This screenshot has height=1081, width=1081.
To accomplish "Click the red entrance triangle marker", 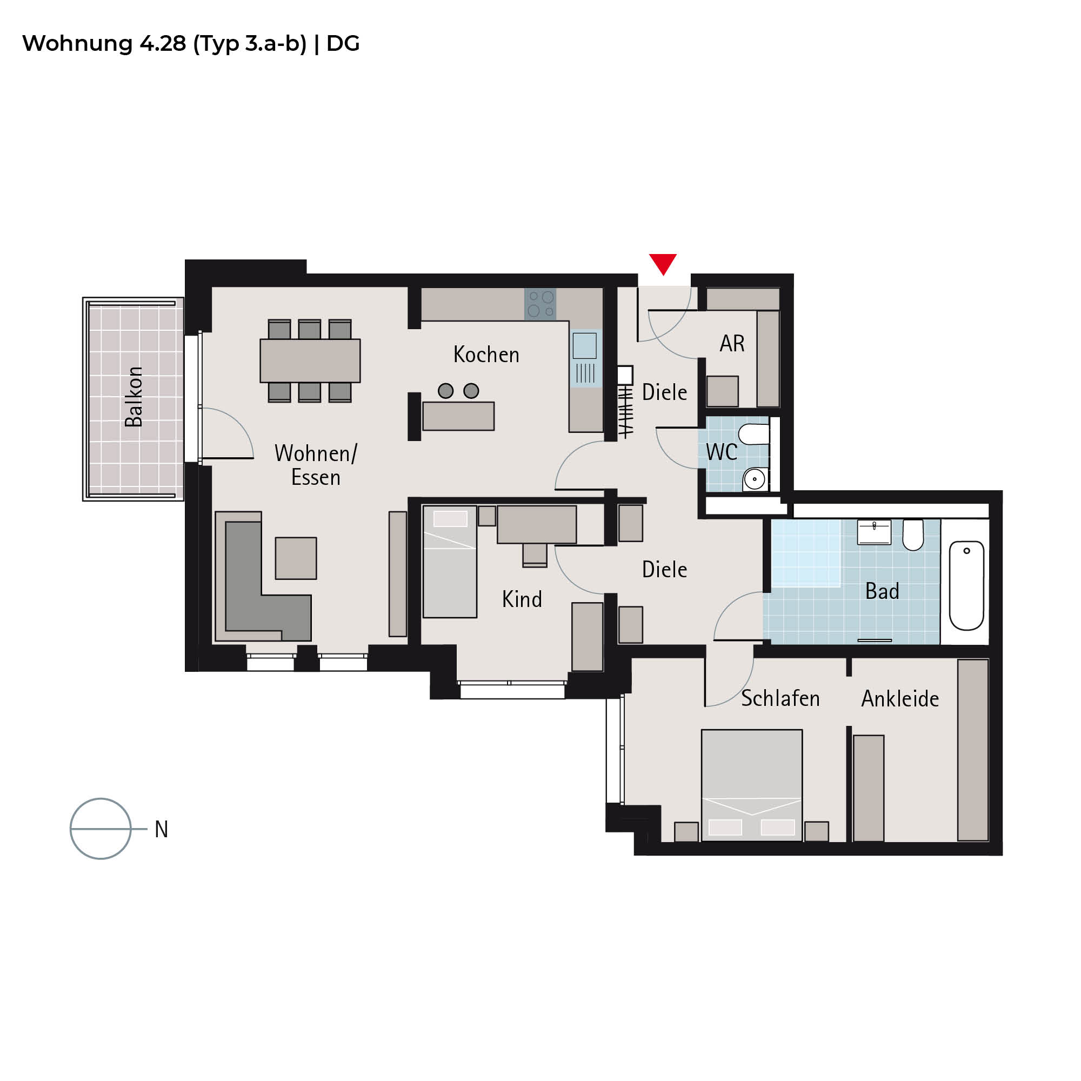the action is [x=663, y=264].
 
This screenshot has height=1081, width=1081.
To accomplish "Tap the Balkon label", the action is [x=134, y=397].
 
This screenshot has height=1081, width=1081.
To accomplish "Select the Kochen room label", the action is [x=486, y=355].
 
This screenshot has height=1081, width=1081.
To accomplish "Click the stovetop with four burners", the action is [x=540, y=304].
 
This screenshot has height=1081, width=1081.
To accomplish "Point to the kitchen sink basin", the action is [x=584, y=345].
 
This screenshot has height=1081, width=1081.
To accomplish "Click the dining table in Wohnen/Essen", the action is [x=310, y=361].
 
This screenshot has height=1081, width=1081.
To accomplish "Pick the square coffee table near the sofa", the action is [x=296, y=558].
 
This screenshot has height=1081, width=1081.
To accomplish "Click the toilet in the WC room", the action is [x=753, y=434].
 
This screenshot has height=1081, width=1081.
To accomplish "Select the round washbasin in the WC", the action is [x=755, y=479].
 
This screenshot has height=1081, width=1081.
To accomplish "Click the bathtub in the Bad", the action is [x=966, y=585].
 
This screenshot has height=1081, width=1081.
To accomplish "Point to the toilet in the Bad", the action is [x=913, y=535].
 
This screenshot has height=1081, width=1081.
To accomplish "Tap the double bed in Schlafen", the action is [x=752, y=785].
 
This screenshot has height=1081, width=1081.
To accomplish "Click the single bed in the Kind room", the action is [x=450, y=562].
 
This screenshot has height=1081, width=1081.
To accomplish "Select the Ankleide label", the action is [x=900, y=699].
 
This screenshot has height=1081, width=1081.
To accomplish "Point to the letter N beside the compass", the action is [x=161, y=829].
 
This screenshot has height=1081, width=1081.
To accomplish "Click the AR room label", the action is [x=732, y=344].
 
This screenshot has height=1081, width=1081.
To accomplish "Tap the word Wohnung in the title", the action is [x=77, y=44].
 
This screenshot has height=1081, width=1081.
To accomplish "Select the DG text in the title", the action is [x=343, y=44].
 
